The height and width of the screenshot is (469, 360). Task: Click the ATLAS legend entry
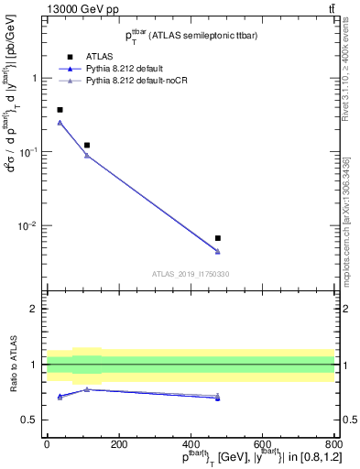point(98,55)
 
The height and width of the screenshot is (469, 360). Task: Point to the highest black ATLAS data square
point(60,110)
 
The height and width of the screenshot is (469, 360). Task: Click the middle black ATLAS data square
point(87,145)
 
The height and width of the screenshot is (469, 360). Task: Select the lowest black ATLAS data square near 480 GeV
point(217,238)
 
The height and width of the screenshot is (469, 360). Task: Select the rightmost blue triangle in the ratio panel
point(217,398)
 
